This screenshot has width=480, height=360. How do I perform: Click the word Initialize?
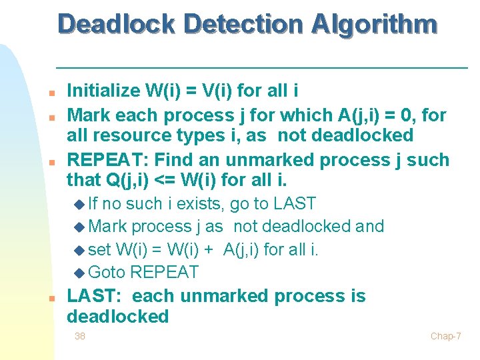[103, 91]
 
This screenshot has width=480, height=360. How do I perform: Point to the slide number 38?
[79, 336]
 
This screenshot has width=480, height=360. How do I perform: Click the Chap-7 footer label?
[445, 336]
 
